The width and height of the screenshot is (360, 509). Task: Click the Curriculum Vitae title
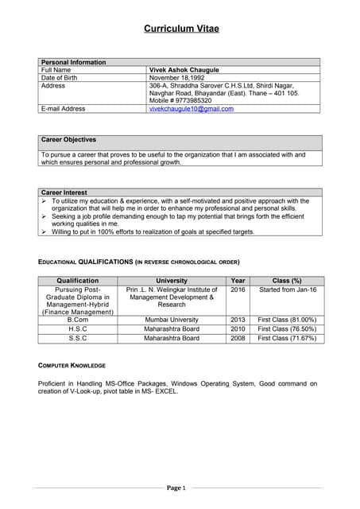point(181,29)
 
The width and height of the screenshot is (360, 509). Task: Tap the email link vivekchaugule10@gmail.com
point(192,109)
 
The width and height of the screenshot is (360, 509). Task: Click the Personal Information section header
point(73,62)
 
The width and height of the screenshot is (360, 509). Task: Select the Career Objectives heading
point(68,140)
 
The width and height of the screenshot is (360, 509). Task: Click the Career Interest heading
point(64,192)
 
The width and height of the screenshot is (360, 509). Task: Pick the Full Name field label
point(56,70)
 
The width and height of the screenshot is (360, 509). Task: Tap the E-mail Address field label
point(63,109)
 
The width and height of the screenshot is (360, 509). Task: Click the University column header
point(172,281)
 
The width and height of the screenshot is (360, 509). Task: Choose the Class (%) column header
point(287,281)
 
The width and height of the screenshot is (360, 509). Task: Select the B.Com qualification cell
point(77,320)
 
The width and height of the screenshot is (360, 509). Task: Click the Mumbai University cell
point(172,320)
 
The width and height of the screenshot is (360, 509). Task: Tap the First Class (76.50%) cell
point(287,329)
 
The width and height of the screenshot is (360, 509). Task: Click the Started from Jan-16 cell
point(287,290)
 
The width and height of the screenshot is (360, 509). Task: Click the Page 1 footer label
point(176,488)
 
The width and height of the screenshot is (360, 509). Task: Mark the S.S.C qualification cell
point(77,339)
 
